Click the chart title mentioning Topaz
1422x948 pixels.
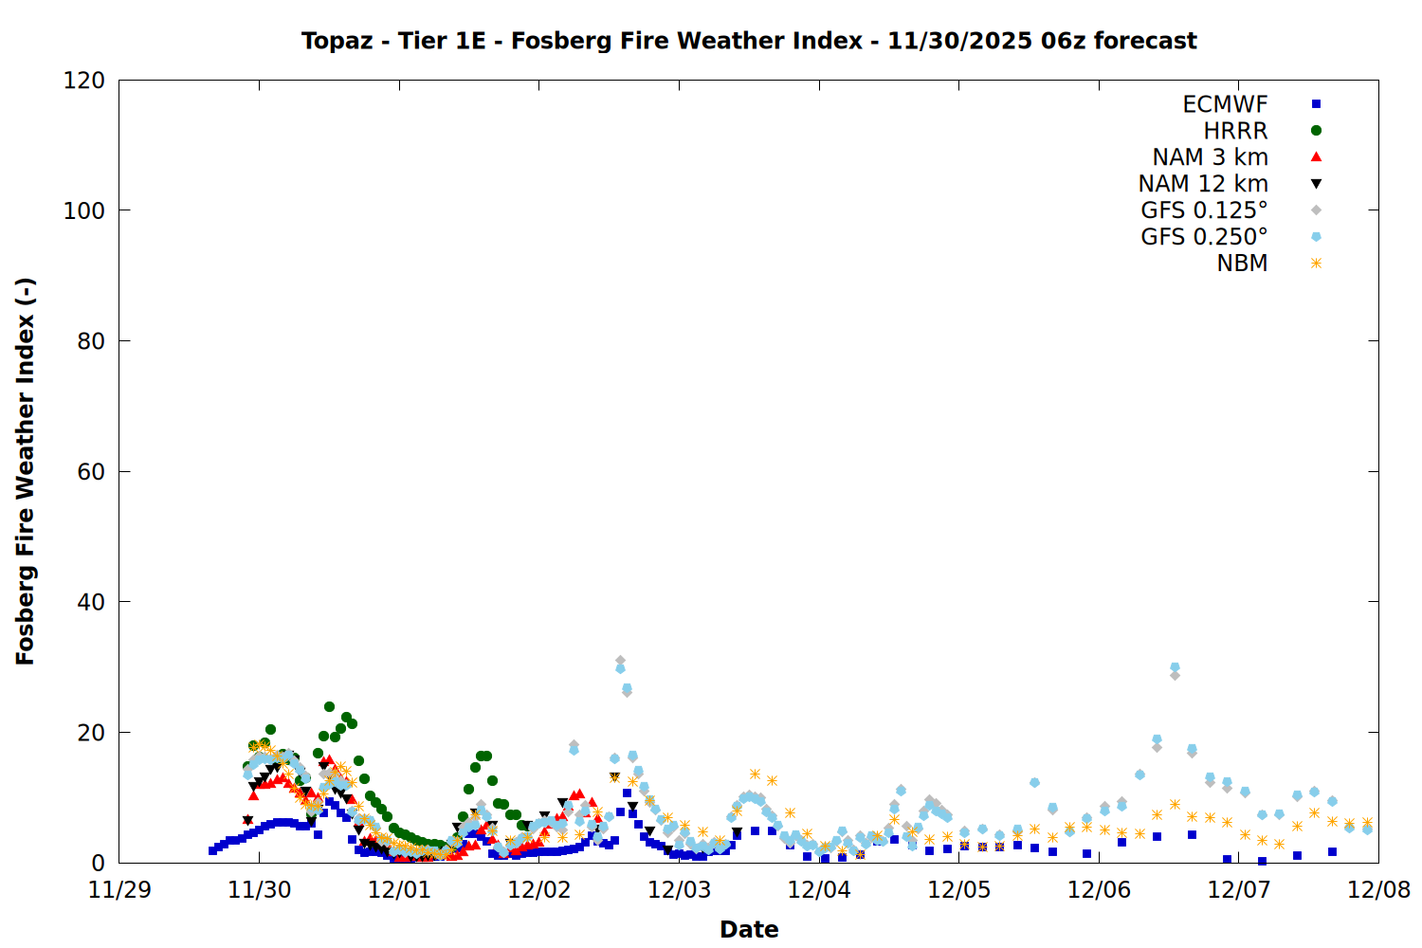pos(749,41)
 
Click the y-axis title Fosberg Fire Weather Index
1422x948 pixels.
pos(26,471)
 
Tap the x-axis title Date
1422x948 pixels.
pos(749,929)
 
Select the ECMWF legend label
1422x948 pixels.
pos(1225,104)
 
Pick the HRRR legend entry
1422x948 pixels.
pos(1235,131)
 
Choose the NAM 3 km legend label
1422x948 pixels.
pos(1210,157)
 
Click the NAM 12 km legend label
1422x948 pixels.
pos(1203,184)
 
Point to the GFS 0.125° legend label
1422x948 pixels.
pos(1204,210)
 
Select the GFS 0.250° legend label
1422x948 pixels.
pos(1204,237)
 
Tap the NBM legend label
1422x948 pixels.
pos(1242,264)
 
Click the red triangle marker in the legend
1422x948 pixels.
pos(1316,157)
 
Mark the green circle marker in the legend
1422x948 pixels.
pos(1316,131)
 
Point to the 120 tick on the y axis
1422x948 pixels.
pos(84,81)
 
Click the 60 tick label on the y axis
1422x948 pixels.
pos(91,472)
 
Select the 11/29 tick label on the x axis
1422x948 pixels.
pos(119,890)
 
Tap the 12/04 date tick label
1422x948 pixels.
pos(819,890)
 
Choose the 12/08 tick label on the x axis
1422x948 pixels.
pos(1378,890)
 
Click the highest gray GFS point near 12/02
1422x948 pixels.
pos(620,661)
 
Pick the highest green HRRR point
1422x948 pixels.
pos(329,707)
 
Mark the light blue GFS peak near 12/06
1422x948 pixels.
pos(1175,667)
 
